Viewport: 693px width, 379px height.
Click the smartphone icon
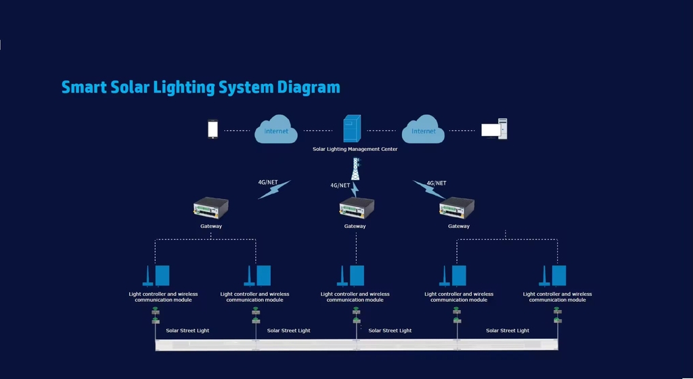213,129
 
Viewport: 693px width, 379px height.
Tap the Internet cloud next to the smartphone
276,129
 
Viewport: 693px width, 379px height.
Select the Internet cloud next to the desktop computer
423,129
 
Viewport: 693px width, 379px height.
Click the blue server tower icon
352,129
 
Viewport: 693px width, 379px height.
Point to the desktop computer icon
494,129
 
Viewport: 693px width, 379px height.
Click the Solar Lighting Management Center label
355,150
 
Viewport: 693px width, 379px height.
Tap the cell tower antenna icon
355,169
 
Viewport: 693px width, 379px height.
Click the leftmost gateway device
211,208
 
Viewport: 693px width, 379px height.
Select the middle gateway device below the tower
357,208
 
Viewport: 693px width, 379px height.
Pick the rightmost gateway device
457,208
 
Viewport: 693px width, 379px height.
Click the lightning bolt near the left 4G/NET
275,189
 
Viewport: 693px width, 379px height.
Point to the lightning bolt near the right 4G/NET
429,189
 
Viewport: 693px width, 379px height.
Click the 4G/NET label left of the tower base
340,185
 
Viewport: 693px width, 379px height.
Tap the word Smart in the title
84,87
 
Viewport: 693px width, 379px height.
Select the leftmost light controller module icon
156,275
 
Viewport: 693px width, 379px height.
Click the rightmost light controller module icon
552,275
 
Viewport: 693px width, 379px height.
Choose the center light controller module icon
351,275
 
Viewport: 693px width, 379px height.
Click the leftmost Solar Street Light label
187,330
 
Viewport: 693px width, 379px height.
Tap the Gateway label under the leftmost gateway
211,226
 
